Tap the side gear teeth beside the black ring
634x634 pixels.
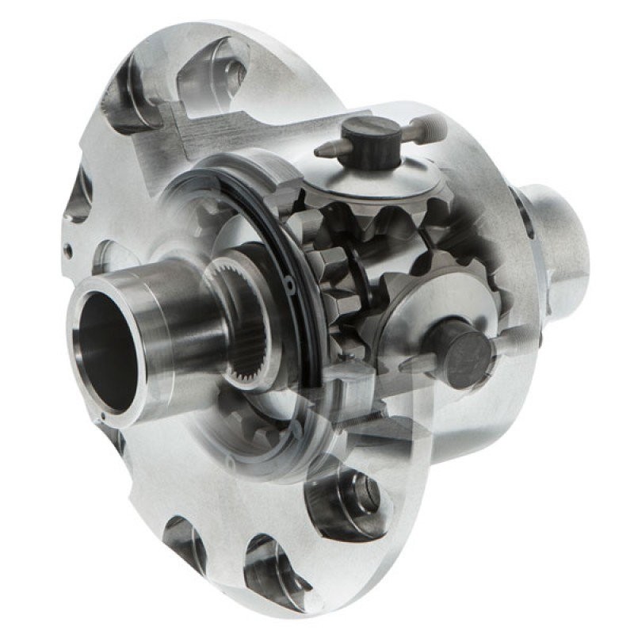(333, 262)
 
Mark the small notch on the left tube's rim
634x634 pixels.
(101, 414)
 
